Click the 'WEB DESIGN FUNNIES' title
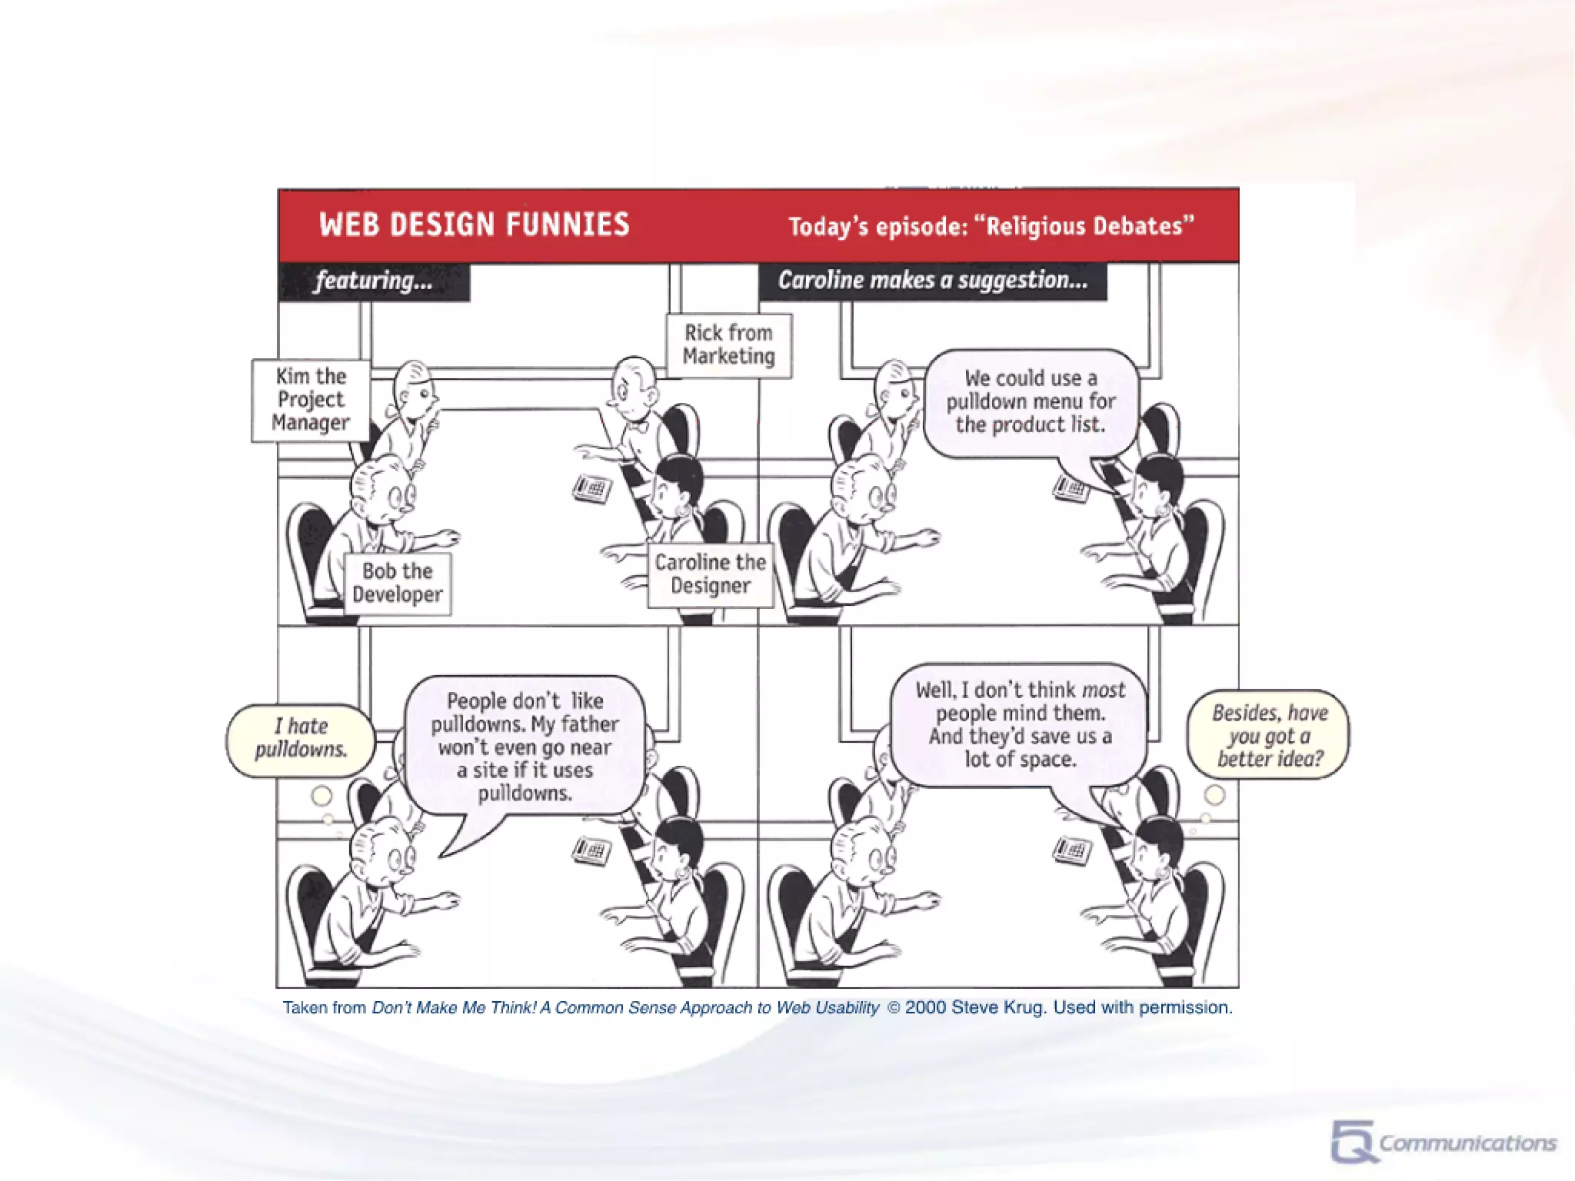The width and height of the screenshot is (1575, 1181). coord(474,225)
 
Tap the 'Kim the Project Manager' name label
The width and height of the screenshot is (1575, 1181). coord(311,400)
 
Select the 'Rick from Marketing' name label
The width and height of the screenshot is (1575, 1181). coord(728,344)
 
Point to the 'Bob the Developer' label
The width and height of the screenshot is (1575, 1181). coord(397,583)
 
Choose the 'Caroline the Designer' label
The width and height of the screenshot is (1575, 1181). coord(710,574)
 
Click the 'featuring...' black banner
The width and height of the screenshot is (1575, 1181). coord(374,281)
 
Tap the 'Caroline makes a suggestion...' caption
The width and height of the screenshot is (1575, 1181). coord(932,281)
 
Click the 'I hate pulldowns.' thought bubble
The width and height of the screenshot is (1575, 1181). coord(301,738)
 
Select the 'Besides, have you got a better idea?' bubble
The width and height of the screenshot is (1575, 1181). coord(1269,736)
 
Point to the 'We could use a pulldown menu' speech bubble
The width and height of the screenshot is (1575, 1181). coord(1031,401)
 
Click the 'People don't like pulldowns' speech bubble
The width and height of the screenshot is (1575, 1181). coord(524,747)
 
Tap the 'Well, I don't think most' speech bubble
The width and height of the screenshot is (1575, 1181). coord(1020,725)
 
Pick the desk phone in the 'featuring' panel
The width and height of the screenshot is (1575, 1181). coord(592,488)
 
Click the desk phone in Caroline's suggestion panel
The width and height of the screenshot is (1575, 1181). coord(1072,487)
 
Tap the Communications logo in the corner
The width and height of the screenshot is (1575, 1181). coord(1443,1143)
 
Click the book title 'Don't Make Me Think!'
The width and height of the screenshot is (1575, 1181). coord(454,1007)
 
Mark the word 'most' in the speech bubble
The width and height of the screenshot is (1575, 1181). coord(1104,690)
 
